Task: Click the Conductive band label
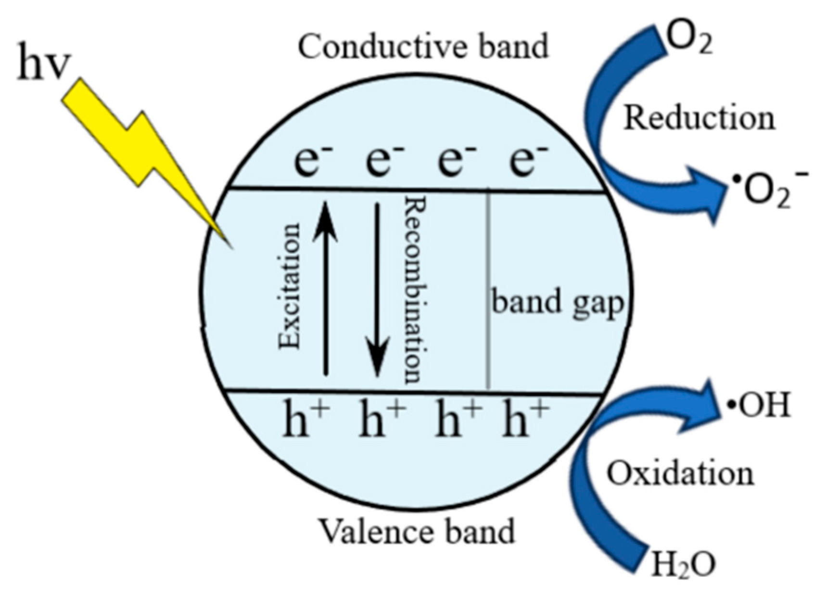423,47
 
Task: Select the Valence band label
417,531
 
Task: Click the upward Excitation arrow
326,289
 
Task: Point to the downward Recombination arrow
377,289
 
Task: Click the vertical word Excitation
290,286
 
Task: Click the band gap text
557,303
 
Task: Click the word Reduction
699,118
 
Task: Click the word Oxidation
680,473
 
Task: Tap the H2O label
683,564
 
